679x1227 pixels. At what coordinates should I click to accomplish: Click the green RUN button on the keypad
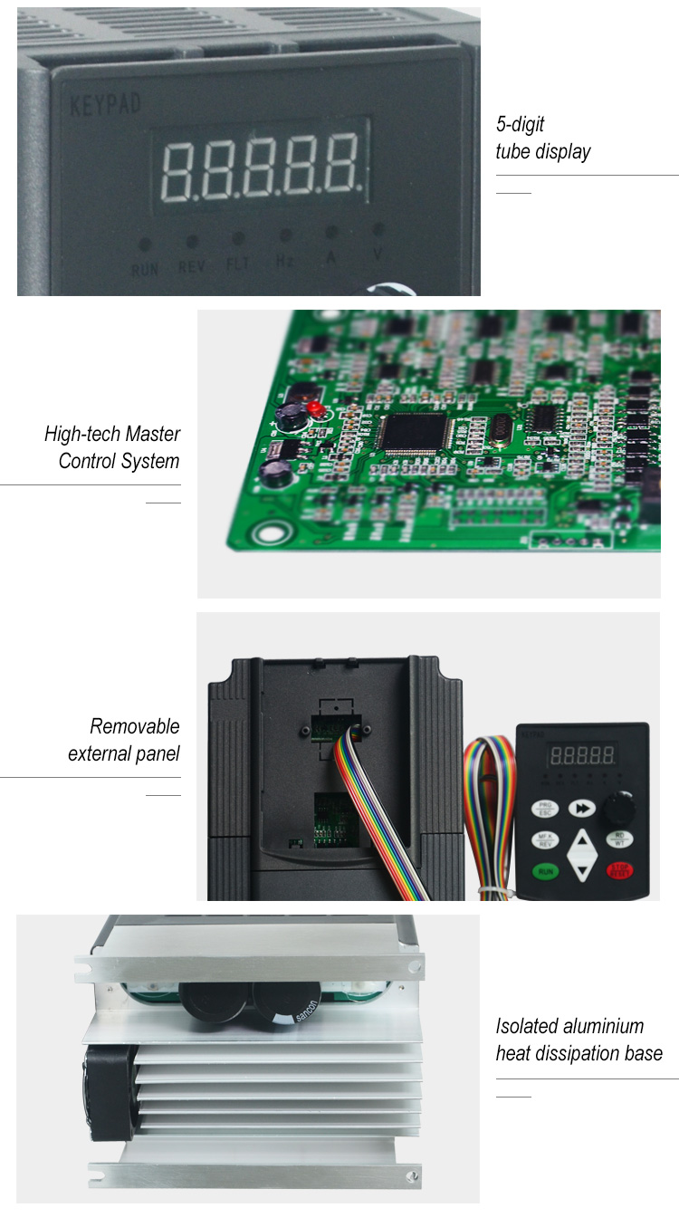(x=545, y=872)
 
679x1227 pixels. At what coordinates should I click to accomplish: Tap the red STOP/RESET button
(x=620, y=872)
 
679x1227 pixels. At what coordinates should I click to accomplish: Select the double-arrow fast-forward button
(x=583, y=808)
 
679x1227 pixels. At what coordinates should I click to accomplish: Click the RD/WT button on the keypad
(x=620, y=839)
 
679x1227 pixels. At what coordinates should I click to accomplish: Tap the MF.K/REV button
(x=545, y=839)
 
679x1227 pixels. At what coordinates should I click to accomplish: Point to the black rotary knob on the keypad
(x=620, y=804)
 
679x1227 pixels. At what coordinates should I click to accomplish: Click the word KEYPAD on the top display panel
(x=105, y=104)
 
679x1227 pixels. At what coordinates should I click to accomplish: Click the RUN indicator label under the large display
(x=145, y=269)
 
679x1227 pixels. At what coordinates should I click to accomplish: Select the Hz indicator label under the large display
(x=284, y=263)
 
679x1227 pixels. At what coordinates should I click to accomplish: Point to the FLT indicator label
(x=237, y=265)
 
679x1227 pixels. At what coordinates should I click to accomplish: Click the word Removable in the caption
(x=135, y=726)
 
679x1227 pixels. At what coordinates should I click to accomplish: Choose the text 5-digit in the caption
(x=521, y=124)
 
